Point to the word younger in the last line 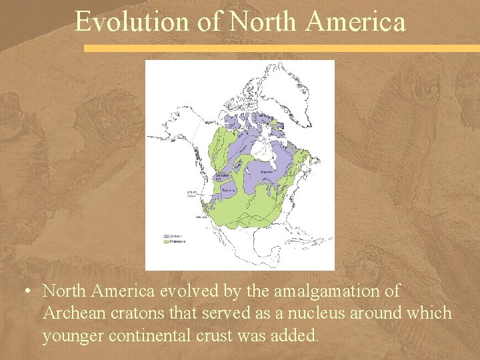(73, 335)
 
